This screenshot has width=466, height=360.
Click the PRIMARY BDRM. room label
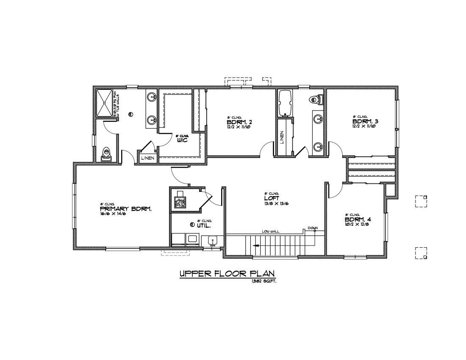click(125, 209)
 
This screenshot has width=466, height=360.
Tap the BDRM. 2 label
click(240, 122)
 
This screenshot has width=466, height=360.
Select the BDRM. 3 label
click(365, 121)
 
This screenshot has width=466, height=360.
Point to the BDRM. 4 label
click(358, 220)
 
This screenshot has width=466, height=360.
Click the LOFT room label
click(272, 198)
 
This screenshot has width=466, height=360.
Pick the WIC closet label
click(182, 140)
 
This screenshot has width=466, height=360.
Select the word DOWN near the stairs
click(313, 228)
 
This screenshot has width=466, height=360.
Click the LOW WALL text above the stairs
click(270, 231)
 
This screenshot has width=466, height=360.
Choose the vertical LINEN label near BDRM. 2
click(282, 137)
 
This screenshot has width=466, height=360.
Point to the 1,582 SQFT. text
click(264, 281)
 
